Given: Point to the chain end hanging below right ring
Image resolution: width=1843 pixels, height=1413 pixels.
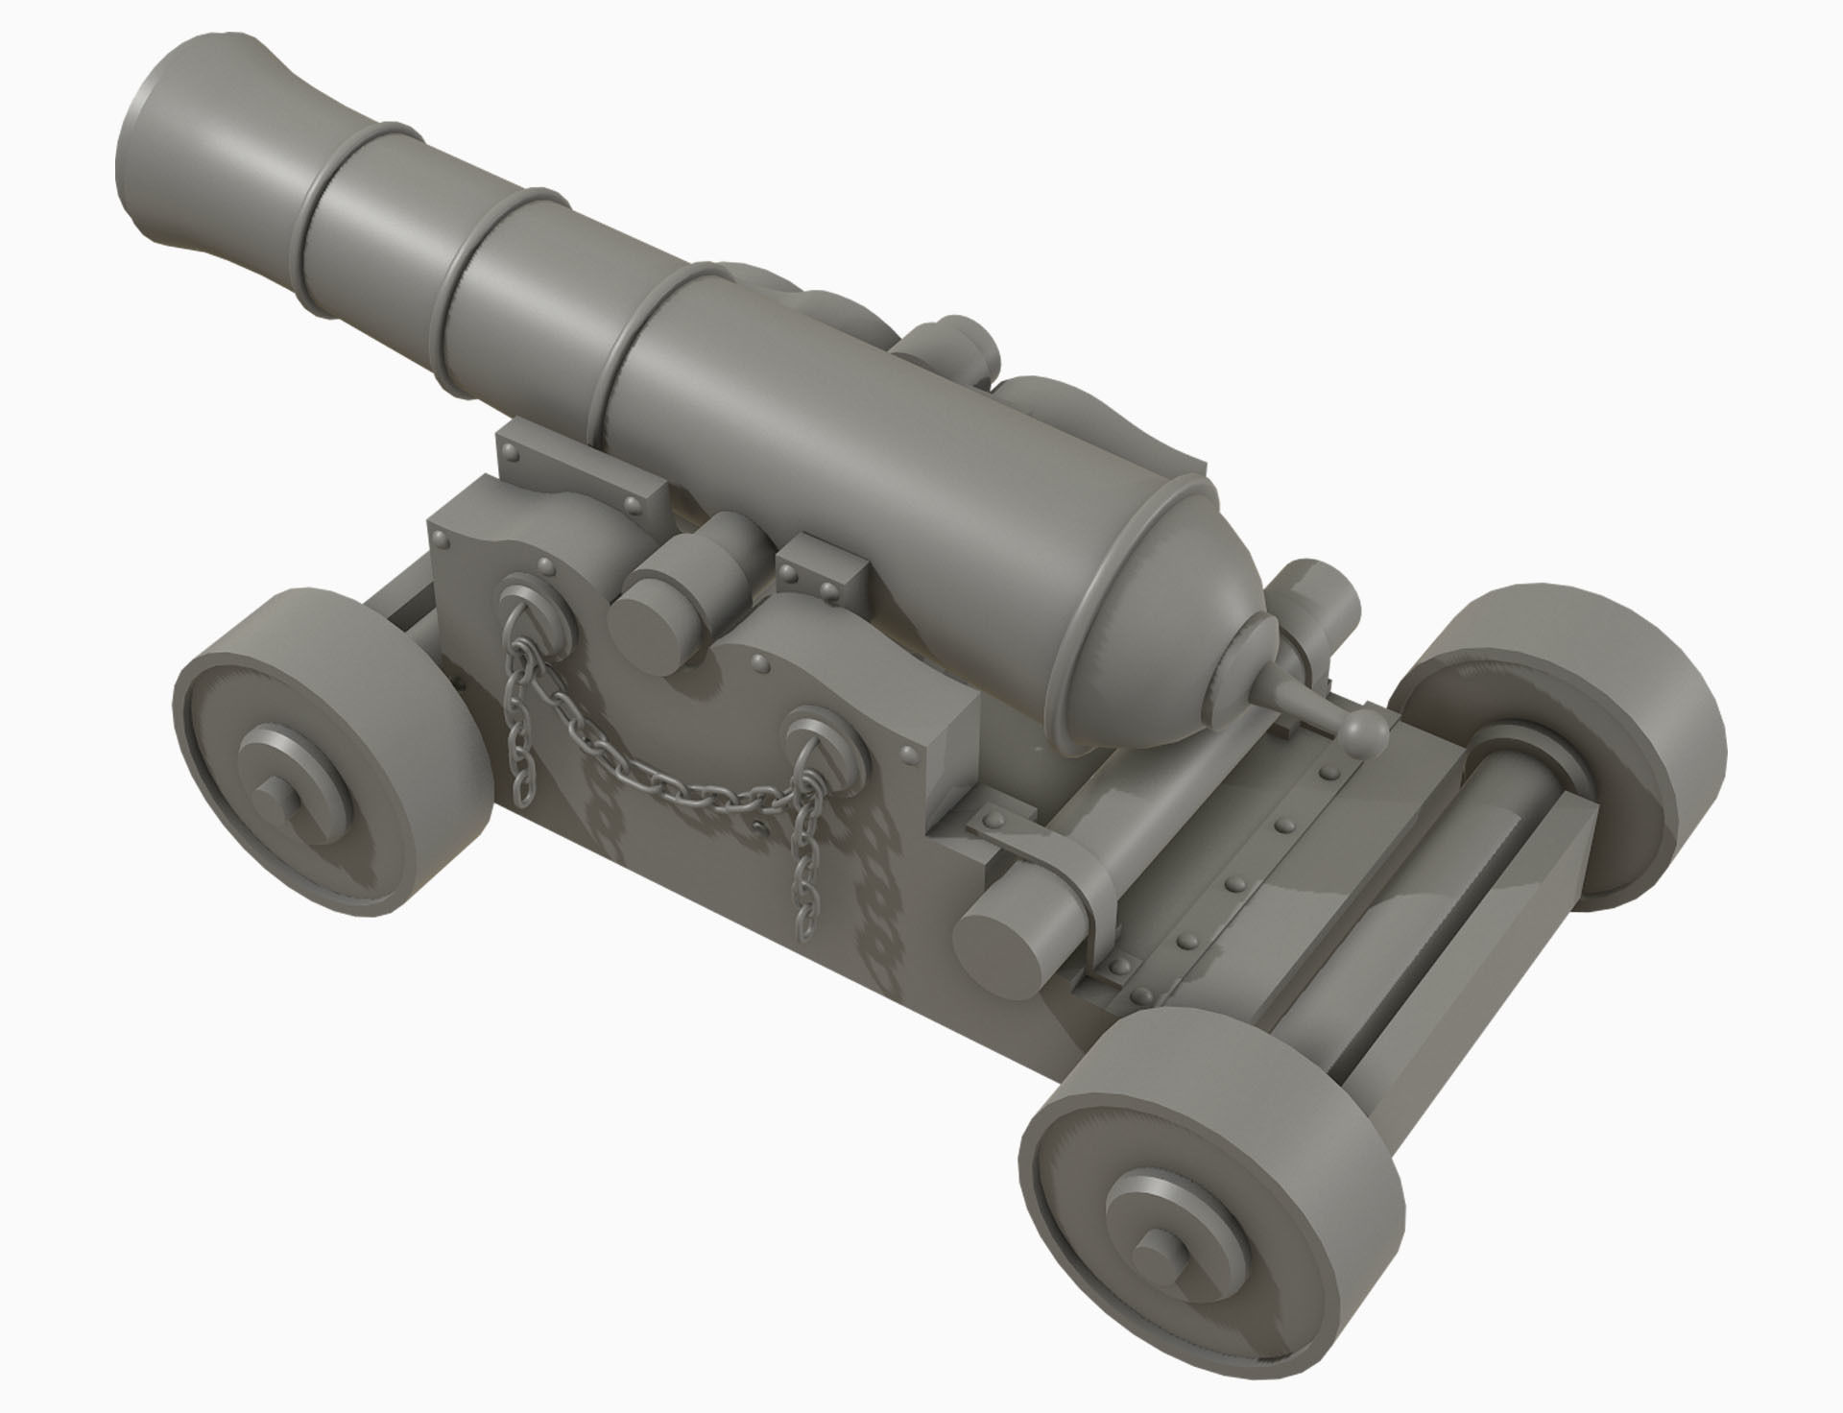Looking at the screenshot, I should pos(802,893).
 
